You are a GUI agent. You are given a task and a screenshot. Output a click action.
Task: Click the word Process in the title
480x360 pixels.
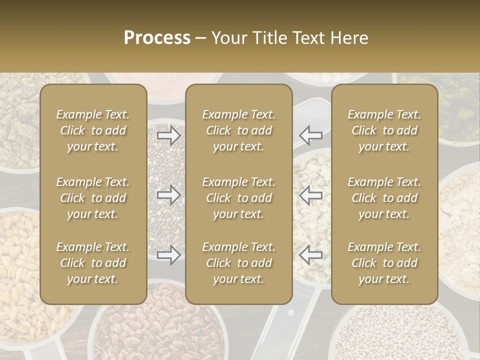point(157,38)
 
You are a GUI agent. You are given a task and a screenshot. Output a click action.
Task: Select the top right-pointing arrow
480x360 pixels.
point(168,135)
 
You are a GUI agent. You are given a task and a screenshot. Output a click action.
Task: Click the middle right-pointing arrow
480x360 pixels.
point(168,194)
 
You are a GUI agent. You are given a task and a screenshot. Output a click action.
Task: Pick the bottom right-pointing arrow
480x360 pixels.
point(168,255)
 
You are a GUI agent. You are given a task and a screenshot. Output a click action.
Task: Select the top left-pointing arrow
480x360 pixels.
point(310,135)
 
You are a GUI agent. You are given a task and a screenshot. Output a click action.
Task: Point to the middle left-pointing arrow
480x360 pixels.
point(310,194)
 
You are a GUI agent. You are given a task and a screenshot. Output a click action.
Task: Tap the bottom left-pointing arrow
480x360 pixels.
point(310,255)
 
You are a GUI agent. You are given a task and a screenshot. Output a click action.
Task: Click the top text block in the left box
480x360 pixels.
point(93,130)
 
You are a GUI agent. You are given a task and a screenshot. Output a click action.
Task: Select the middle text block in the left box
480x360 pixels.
point(93,198)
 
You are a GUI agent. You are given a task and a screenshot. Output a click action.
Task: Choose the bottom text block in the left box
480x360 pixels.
point(93,263)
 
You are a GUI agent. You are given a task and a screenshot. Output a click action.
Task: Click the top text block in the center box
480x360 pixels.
point(239,130)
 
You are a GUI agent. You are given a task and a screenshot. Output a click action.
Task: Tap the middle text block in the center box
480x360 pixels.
point(239,198)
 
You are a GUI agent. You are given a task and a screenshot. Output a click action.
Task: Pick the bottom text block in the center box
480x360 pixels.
point(239,263)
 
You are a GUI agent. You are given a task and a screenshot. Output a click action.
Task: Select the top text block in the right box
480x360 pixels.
point(384,130)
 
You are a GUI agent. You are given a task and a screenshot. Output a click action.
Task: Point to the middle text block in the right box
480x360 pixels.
point(384,198)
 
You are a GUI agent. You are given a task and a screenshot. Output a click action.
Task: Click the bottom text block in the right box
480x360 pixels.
point(384,263)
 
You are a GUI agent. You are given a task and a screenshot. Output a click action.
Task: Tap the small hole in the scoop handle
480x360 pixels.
point(290,313)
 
